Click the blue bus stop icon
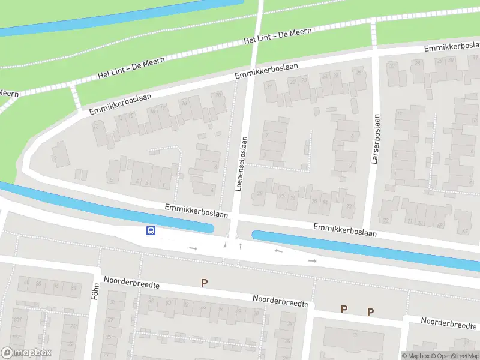(x=151, y=230)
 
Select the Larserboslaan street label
(x=376, y=139)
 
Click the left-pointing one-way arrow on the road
(x=278, y=250)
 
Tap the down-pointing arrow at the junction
(x=225, y=244)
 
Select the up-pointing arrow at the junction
(x=240, y=245)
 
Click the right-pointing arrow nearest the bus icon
(x=193, y=248)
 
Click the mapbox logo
(x=26, y=353)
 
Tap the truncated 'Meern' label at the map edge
(x=8, y=93)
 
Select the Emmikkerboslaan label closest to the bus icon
(x=197, y=211)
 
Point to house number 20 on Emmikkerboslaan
(x=218, y=95)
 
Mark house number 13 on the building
(x=95, y=127)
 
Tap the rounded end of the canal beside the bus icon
(x=211, y=229)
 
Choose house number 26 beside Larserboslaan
(x=359, y=72)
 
